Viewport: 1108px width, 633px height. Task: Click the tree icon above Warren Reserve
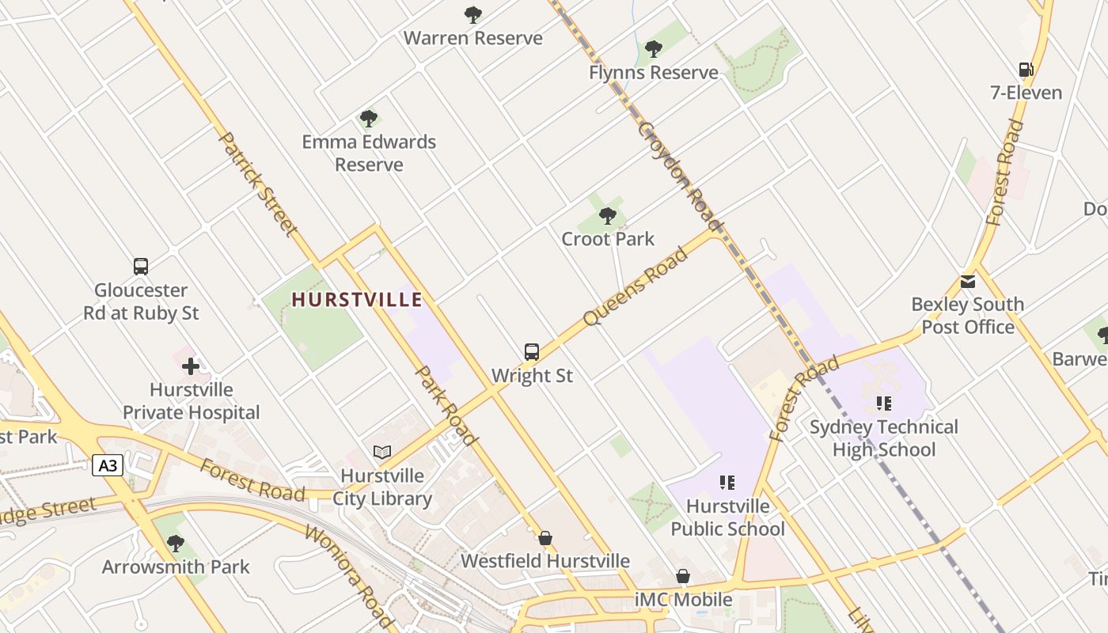tap(473, 14)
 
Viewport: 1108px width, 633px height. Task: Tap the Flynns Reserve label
tap(653, 73)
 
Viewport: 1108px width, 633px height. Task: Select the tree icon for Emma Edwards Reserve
tap(368, 119)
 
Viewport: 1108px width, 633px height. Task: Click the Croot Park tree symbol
tap(607, 215)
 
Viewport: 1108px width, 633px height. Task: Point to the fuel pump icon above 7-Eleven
tap(1026, 70)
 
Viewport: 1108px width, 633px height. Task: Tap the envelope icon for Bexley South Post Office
tap(967, 282)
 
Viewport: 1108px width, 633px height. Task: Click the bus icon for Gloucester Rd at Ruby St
tap(141, 267)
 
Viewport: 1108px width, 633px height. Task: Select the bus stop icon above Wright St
tap(532, 351)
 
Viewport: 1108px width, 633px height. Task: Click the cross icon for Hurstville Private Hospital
tap(191, 366)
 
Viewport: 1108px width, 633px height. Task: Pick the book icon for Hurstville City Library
tap(382, 452)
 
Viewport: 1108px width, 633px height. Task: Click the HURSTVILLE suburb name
tap(357, 300)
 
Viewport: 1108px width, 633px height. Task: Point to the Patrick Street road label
tap(258, 184)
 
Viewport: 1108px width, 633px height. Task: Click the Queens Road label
tap(635, 286)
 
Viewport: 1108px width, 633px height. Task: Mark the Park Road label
tap(446, 405)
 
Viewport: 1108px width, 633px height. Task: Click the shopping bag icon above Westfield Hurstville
tap(545, 539)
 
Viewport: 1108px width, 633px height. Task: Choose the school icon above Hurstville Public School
tap(727, 482)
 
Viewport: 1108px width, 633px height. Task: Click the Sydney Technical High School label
tap(883, 438)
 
